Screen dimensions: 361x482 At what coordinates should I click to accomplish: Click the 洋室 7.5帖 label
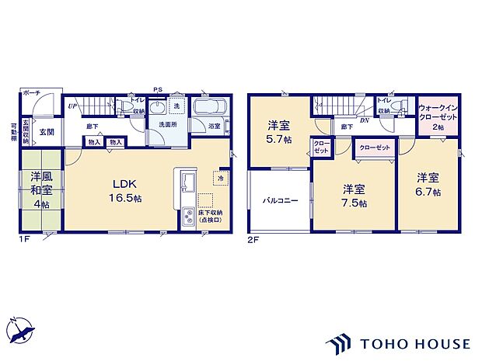[x=354, y=195]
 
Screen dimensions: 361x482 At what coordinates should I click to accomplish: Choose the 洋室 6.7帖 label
[x=427, y=185]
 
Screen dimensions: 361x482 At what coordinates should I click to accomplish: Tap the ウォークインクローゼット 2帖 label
[x=437, y=116]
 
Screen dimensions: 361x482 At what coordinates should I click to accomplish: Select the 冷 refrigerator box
[x=220, y=178]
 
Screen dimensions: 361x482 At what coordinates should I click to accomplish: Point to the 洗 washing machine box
[x=176, y=106]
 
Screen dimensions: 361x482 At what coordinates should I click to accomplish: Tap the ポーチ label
[x=31, y=92]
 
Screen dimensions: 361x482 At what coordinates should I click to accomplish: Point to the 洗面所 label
[x=168, y=124]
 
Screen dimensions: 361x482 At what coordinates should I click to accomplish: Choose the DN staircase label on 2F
[x=365, y=121]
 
